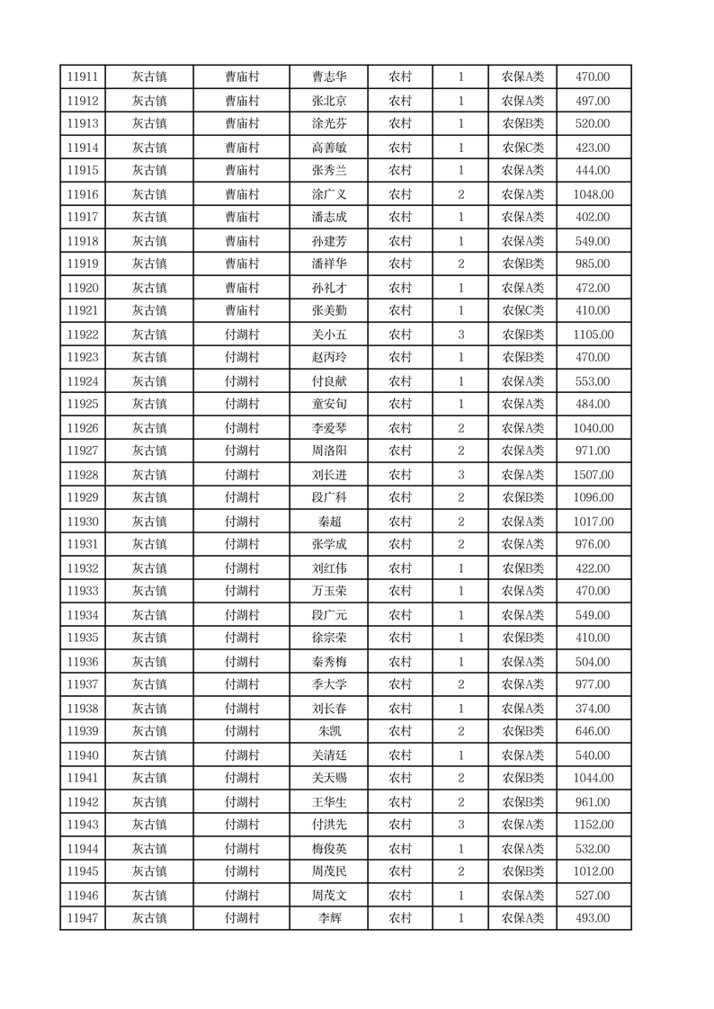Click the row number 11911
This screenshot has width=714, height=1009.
(x=83, y=77)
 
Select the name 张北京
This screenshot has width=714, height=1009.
(x=328, y=101)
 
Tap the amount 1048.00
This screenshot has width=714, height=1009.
(x=593, y=194)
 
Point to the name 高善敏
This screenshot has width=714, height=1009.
(x=328, y=147)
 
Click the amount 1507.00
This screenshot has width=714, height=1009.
(x=593, y=475)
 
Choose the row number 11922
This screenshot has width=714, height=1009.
(x=83, y=335)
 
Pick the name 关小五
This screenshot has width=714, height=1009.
(x=328, y=335)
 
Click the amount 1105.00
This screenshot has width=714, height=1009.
(x=593, y=335)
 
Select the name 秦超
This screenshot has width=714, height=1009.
(x=328, y=522)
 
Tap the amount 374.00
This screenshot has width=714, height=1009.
(x=593, y=709)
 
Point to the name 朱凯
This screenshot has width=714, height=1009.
(x=328, y=732)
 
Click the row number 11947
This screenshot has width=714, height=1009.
(x=83, y=918)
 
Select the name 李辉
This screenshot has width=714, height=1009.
(x=328, y=918)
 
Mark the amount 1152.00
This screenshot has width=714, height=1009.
(x=593, y=825)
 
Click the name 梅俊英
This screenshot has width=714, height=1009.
(x=328, y=849)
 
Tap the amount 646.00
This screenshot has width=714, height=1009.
(x=593, y=732)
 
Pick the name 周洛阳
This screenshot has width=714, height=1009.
(x=328, y=451)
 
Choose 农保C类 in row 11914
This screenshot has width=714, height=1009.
(x=522, y=147)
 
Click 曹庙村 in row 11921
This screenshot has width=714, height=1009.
(x=242, y=310)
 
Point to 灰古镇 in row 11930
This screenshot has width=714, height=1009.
(x=149, y=522)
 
